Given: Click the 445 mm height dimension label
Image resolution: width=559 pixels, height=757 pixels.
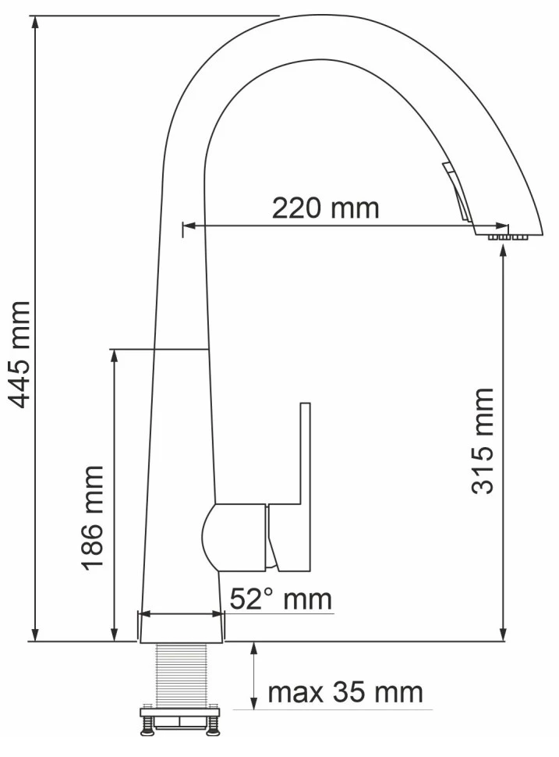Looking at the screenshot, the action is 20,355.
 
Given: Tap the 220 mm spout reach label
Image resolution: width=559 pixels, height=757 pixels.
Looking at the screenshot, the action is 326,208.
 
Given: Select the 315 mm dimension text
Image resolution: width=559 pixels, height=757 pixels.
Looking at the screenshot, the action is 483,441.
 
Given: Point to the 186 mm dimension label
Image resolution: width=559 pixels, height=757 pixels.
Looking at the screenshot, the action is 92,518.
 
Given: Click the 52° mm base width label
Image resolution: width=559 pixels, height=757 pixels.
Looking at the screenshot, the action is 281,599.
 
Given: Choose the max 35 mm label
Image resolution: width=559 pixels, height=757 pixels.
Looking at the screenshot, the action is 345,693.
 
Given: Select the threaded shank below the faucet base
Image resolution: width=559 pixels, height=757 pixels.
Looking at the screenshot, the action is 182,675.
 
